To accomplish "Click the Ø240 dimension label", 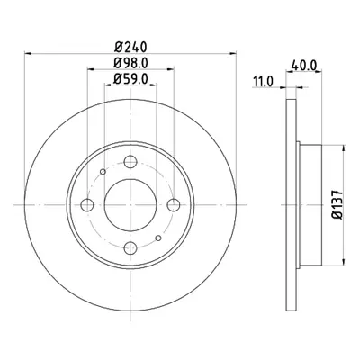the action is tap(130, 47).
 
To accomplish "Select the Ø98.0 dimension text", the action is tap(130, 63).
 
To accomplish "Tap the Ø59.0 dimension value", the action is tap(130, 79).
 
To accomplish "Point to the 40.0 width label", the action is tap(304, 65).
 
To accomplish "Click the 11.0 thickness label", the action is tap(263, 81).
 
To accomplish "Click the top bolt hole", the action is tap(130, 162).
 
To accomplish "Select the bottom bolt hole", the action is tap(130, 247).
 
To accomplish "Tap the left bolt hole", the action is tap(87, 205).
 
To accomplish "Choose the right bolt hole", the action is tap(174, 205).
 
